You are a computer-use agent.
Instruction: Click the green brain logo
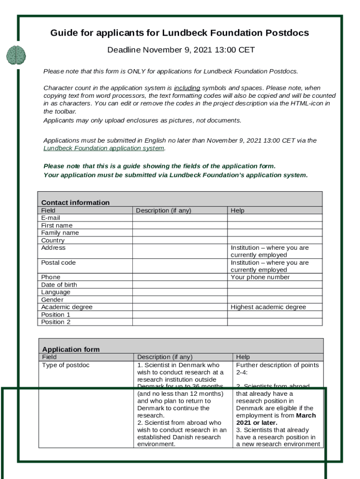[x=16, y=55]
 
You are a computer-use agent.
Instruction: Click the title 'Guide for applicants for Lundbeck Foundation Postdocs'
[x=180, y=33]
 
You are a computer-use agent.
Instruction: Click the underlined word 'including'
[x=187, y=88]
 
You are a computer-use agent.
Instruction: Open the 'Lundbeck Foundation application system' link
[x=104, y=148]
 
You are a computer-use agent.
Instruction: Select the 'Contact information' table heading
[x=75, y=203]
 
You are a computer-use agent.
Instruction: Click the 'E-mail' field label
[x=50, y=218]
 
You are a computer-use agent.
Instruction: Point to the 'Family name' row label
[x=60, y=233]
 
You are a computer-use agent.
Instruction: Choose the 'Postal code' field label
[x=58, y=263]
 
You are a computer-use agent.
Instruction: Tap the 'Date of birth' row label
[x=59, y=285]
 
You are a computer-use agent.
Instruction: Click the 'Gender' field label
[x=52, y=300]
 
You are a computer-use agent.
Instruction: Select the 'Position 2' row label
[x=56, y=322]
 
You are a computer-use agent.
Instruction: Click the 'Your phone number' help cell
[x=260, y=277]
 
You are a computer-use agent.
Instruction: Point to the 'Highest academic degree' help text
[x=268, y=307]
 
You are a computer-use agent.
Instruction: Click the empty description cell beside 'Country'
[x=180, y=240]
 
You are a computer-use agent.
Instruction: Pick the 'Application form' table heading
[x=71, y=349]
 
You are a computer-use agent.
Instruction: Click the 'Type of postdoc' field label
[x=65, y=365]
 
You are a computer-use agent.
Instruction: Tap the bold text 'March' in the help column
[x=306, y=415]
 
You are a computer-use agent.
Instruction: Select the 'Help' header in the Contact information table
[x=238, y=210]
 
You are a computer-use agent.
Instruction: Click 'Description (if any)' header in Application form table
[x=165, y=357]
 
